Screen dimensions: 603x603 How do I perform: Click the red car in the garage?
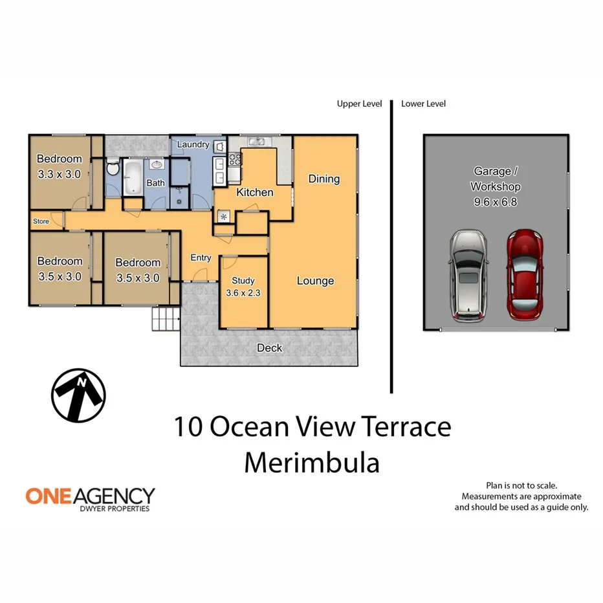click(524, 275)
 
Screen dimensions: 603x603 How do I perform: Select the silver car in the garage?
click(468, 276)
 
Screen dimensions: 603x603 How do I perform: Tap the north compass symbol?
click(78, 395)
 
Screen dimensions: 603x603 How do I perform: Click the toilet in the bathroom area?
click(113, 170)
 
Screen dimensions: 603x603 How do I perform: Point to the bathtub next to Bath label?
click(133, 177)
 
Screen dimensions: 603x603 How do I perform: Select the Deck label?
click(269, 348)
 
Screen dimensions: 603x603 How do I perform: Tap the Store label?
click(41, 221)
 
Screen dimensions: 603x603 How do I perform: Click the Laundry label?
click(193, 144)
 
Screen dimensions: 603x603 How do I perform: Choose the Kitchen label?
click(254, 192)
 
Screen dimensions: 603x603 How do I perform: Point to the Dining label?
click(323, 179)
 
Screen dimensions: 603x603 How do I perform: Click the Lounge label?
click(315, 281)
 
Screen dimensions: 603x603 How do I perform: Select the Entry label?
click(201, 258)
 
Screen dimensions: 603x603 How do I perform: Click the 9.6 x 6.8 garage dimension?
click(496, 202)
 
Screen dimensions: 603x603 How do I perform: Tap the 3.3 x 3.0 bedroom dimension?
click(59, 173)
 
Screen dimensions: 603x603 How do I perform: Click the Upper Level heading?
click(359, 104)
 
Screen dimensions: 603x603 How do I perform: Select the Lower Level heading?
click(423, 104)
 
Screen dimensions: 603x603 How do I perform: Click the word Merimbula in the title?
click(311, 463)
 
